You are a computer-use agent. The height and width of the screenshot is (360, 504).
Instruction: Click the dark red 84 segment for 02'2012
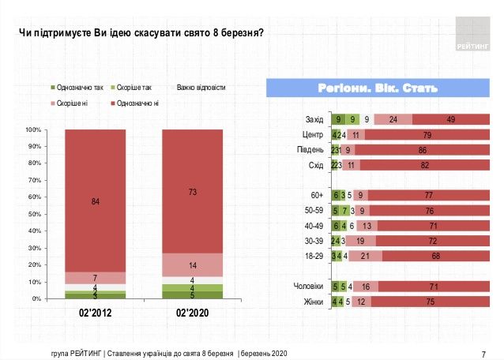pyautogui.click(x=96, y=201)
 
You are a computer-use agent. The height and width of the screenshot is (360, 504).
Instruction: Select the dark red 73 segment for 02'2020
pyautogui.click(x=192, y=191)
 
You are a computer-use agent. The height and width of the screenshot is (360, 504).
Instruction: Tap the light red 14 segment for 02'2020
pyautogui.click(x=192, y=264)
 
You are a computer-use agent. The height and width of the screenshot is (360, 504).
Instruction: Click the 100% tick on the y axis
pyautogui.click(x=32, y=129)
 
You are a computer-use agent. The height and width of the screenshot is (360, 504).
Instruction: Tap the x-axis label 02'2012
pyautogui.click(x=96, y=313)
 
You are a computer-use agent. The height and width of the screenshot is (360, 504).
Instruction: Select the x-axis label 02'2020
pyautogui.click(x=192, y=313)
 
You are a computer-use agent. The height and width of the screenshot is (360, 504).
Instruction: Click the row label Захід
pyautogui.click(x=314, y=119)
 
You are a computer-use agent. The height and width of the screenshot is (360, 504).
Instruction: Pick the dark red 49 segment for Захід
pyautogui.click(x=450, y=119)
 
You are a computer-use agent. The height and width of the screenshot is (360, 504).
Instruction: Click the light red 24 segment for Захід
pyautogui.click(x=393, y=119)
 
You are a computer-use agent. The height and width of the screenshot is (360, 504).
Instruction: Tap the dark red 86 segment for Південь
pyautogui.click(x=423, y=149)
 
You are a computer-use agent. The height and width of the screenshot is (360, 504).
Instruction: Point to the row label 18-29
pyautogui.click(x=314, y=255)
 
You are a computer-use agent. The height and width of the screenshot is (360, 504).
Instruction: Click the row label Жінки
pyautogui.click(x=314, y=301)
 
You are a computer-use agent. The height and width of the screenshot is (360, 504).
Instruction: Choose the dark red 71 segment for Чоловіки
pyautogui.click(x=434, y=287)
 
